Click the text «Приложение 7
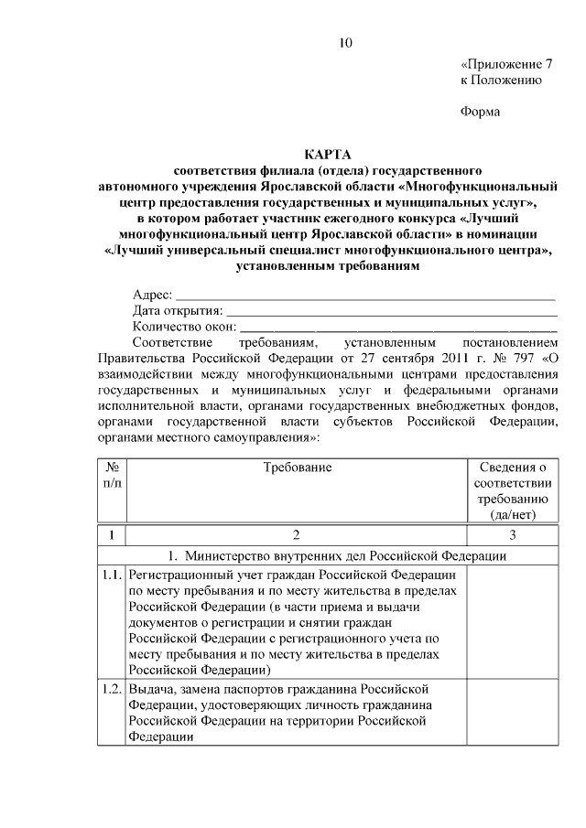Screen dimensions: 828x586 tap(506, 65)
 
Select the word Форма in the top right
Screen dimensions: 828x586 tap(480, 113)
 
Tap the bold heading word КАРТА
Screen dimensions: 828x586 tap(327, 155)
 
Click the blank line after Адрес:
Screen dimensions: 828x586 tap(365, 297)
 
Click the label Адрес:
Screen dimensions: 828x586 tap(152, 295)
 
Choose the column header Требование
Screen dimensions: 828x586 tap(297, 468)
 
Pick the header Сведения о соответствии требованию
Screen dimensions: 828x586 tap(512, 490)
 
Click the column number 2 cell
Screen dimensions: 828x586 tap(297, 535)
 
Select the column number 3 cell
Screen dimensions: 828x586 tap(512, 535)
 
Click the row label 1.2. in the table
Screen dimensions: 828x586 tap(111, 689)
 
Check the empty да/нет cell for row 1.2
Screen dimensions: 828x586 tap(512, 714)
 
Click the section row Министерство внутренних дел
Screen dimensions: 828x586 tap(328, 554)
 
